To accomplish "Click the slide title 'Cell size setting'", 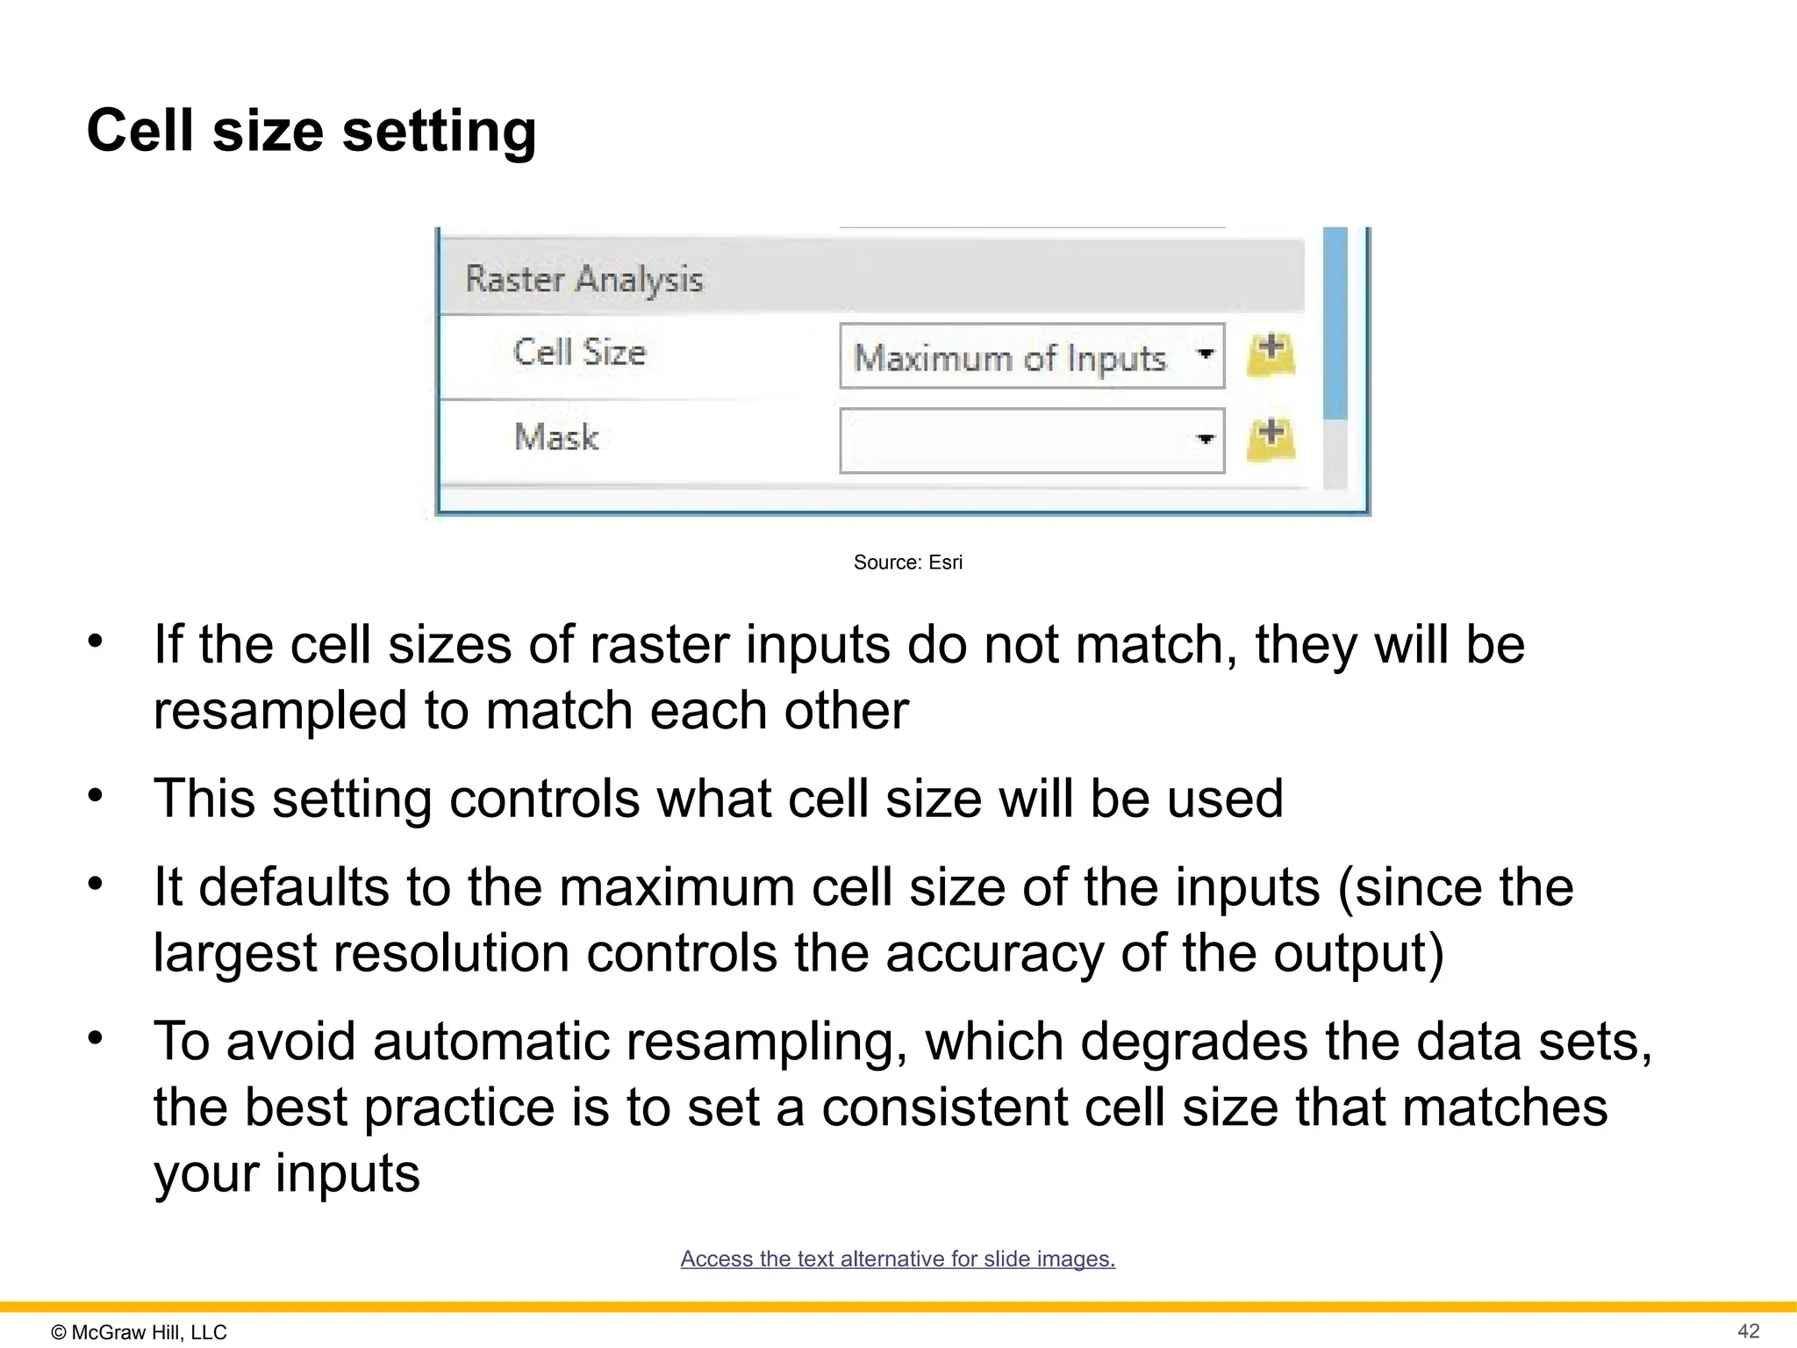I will [311, 132].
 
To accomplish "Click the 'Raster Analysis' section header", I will [583, 279].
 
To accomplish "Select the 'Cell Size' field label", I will [579, 353].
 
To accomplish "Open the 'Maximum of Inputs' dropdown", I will [1031, 356].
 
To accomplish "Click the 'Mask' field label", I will [556, 437].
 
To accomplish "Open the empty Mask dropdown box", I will [1031, 441].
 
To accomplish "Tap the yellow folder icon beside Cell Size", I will [1271, 355].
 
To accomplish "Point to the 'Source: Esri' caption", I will [907, 563].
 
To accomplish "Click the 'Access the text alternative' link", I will [898, 1258].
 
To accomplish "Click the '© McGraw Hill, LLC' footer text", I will [140, 1332].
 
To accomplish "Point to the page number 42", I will [1748, 1331].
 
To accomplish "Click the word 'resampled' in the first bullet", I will [280, 711].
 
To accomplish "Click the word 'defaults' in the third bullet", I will [294, 887].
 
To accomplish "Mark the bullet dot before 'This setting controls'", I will [96, 796].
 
